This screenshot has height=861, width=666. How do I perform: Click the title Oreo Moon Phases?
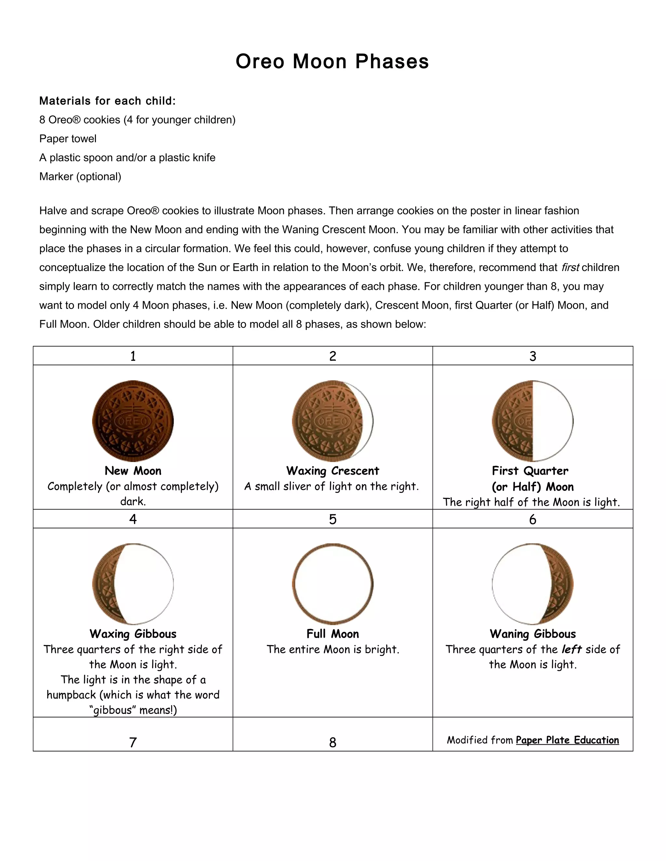pos(332,62)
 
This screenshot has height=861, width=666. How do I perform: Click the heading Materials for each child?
pos(107,101)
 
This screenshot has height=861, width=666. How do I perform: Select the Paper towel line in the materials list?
pos(68,139)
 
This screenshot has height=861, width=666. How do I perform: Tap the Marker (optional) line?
pos(80,177)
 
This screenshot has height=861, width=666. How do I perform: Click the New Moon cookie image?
pos(133,421)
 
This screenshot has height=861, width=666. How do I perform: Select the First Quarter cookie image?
pos(532,421)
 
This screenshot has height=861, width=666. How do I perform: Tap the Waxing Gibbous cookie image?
pos(133,584)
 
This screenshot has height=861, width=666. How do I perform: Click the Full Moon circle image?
pos(333,584)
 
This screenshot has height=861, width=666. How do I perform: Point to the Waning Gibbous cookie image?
pos(532,584)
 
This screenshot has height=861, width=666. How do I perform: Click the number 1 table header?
pos(133,356)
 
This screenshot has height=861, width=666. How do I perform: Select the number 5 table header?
pos(333,519)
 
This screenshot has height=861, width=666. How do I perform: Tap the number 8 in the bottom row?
pos(333,743)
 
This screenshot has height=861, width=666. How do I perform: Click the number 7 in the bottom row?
pos(133,743)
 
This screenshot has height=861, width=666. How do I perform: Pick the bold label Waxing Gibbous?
pos(133,634)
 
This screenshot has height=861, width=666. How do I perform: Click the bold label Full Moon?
pos(333,634)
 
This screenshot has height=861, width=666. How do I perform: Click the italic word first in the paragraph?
pos(570,268)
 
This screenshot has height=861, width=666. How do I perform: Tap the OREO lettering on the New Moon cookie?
pos(133,421)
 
